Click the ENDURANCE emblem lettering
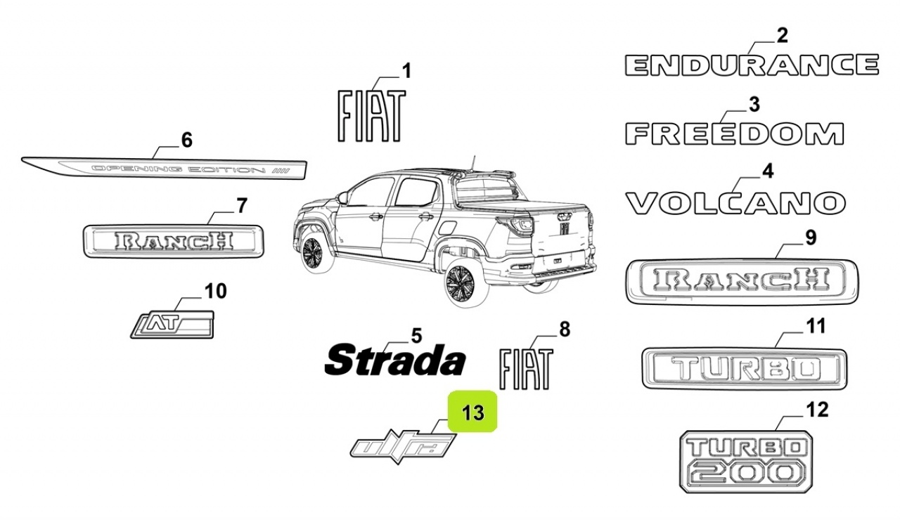(752, 65)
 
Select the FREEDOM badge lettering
(735, 134)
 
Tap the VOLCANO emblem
(735, 203)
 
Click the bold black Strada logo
(395, 359)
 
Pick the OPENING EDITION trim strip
(165, 168)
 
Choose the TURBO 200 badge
(746, 462)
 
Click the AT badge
(172, 325)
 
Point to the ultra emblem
(403, 447)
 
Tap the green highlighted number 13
(472, 412)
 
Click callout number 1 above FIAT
(406, 71)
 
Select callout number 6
(187, 140)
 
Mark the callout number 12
(817, 410)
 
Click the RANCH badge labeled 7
(174, 241)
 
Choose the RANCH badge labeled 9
(742, 282)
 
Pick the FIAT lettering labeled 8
(526, 369)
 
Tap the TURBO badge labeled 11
(745, 369)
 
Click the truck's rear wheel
(461, 285)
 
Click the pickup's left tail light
(517, 226)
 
